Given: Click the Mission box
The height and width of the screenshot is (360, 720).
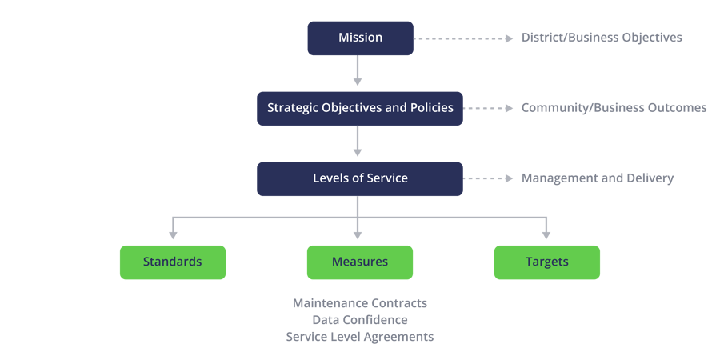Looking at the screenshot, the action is point(361,38).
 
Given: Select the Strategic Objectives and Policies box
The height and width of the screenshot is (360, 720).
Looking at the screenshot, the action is point(360,108).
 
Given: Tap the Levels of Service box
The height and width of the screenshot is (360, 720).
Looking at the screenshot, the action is point(360,178).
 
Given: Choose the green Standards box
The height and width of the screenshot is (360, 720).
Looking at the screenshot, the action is point(173,262).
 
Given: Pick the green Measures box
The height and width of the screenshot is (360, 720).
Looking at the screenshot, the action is point(360,262).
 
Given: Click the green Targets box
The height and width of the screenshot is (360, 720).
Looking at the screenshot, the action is point(547,262).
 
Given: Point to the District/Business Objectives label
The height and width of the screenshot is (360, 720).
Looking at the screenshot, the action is point(602,38).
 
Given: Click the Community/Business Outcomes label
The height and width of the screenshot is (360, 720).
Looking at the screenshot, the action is point(614,108).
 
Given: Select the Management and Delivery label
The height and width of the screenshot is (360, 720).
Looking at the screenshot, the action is point(598,178).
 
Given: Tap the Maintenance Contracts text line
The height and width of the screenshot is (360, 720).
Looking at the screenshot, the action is point(360,303).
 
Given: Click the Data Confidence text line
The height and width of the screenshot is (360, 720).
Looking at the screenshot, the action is point(360,319).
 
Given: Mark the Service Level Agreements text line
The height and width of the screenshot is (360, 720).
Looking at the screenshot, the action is point(360,337).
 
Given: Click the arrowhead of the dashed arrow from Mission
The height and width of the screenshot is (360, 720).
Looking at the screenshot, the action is point(510,38).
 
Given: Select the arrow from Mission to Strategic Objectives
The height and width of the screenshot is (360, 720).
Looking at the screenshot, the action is point(358,70).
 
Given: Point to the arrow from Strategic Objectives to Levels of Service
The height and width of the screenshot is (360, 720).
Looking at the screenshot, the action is point(358,141).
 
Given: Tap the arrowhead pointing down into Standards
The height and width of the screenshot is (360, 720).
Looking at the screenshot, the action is point(173,235).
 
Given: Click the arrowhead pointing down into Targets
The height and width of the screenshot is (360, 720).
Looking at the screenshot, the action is point(546,235).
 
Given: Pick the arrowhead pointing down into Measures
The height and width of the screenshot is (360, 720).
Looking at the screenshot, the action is point(358,235).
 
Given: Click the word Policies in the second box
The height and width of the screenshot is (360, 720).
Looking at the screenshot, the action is point(433,108).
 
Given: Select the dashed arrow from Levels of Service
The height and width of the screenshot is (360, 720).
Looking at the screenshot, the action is point(488,178).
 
